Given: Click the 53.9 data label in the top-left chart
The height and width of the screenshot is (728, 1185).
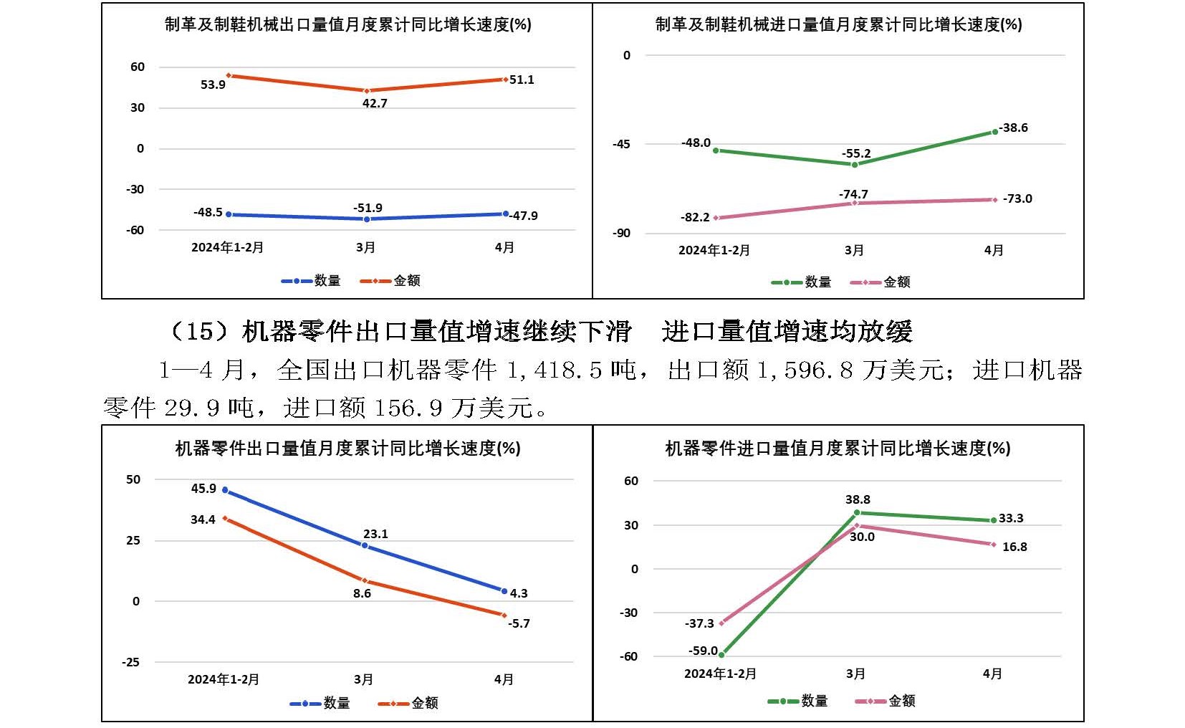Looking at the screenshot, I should click(x=213, y=85).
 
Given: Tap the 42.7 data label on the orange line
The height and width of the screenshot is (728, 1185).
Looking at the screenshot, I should click(x=375, y=103).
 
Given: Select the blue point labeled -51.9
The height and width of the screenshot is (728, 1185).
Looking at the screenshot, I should click(x=367, y=219).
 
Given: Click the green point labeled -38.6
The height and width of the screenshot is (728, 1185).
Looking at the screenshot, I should click(x=995, y=132).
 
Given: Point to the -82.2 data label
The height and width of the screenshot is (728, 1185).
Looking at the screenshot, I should click(x=695, y=217).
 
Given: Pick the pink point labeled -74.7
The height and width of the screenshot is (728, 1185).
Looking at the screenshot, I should click(x=854, y=203).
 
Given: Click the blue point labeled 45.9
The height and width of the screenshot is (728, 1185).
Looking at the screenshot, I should click(x=225, y=490).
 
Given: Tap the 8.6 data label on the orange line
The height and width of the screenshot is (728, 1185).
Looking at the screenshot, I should click(x=362, y=593).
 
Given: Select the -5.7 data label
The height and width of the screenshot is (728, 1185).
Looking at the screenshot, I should click(x=519, y=623).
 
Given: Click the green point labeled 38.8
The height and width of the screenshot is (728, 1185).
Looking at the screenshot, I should click(x=856, y=513).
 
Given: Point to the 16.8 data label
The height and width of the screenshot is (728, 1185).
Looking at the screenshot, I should click(x=1014, y=547).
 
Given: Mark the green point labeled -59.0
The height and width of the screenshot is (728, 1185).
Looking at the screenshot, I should click(x=721, y=654).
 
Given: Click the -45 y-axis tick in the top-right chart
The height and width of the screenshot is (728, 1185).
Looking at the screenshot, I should click(x=621, y=144).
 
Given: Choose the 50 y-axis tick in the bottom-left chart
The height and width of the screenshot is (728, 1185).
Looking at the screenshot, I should click(x=133, y=479).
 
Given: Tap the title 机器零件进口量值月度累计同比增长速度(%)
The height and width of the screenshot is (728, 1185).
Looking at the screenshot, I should click(x=838, y=449).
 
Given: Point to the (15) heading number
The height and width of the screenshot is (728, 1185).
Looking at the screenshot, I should click(x=199, y=331).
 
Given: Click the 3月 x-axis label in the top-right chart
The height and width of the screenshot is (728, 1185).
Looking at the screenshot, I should click(x=854, y=250).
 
